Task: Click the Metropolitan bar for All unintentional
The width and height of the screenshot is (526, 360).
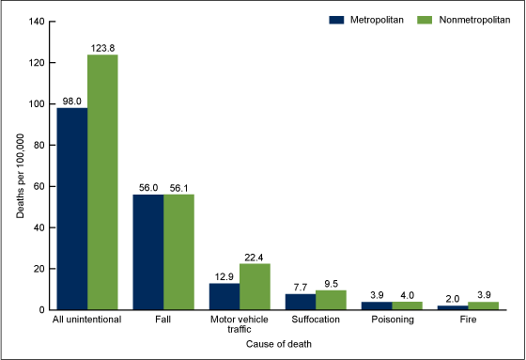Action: pos(72,209)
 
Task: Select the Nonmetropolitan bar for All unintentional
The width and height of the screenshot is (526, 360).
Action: pos(102,182)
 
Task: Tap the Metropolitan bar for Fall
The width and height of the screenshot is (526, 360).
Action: pos(148,252)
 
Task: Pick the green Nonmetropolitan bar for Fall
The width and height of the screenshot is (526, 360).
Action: pos(178,252)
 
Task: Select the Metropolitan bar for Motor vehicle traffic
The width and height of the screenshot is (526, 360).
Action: pos(224,296)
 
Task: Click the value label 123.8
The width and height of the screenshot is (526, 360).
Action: pos(102,47)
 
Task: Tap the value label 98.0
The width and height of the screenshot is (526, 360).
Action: pos(72,100)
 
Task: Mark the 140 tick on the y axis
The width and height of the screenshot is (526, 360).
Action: pos(36,22)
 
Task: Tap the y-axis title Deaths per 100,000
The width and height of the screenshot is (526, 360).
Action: pos(19,165)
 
